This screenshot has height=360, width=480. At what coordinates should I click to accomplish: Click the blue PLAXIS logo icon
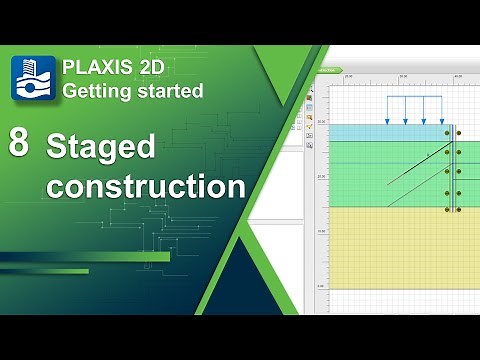pos(32,78)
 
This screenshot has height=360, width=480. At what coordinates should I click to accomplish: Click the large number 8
pos(18,142)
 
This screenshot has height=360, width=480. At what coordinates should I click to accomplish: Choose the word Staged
pos(101,148)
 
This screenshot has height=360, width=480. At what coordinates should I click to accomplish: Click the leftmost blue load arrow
pos(387,110)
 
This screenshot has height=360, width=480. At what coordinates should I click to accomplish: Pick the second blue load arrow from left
pos(405,110)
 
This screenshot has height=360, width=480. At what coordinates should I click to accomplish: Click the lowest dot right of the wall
pos(460,210)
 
